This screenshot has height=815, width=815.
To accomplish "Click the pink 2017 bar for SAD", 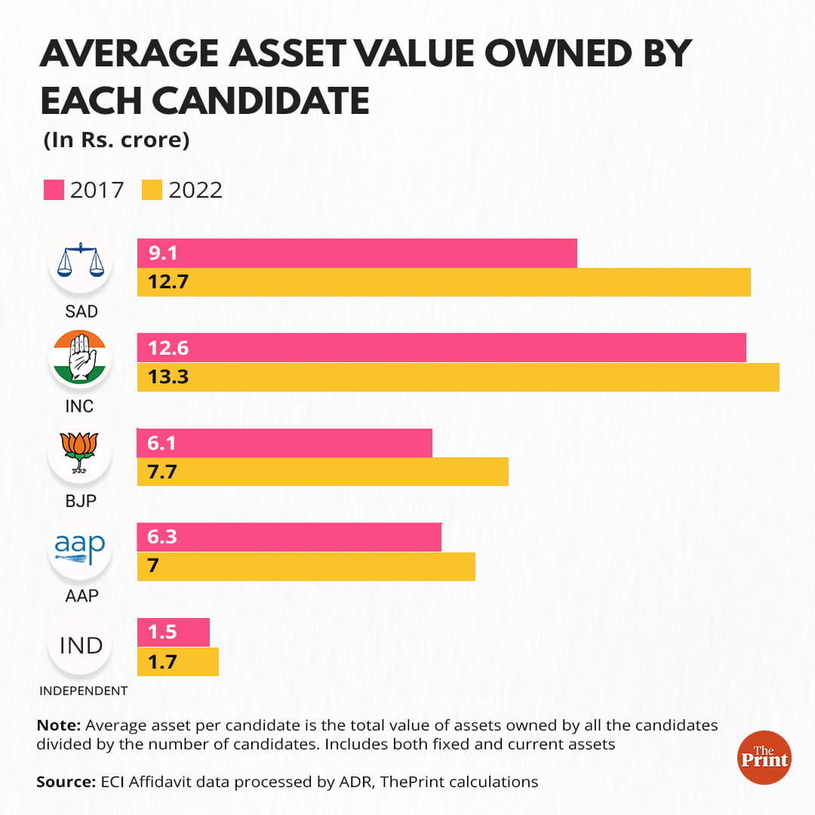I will click(357, 254).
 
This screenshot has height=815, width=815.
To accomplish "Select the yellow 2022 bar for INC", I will click(458, 377).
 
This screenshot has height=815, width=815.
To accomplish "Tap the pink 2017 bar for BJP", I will click(284, 443).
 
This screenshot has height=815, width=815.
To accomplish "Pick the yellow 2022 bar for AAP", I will click(306, 566).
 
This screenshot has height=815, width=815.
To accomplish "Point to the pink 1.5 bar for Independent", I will click(174, 632).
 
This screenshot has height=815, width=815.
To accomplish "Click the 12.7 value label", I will click(168, 283).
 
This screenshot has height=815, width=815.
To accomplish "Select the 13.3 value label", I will click(168, 377).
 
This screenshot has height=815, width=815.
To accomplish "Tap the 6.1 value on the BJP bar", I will click(162, 443).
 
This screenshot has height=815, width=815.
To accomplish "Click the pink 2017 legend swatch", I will click(54, 190).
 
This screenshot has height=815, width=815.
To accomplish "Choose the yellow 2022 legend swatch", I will click(152, 190).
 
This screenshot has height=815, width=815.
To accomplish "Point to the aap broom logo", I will click(80, 549).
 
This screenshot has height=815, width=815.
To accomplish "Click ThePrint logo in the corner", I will click(763, 757).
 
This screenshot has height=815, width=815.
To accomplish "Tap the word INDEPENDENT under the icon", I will click(84, 690).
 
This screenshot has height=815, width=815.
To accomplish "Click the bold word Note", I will click(58, 725).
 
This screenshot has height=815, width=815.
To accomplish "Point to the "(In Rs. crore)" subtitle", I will click(116, 140).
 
